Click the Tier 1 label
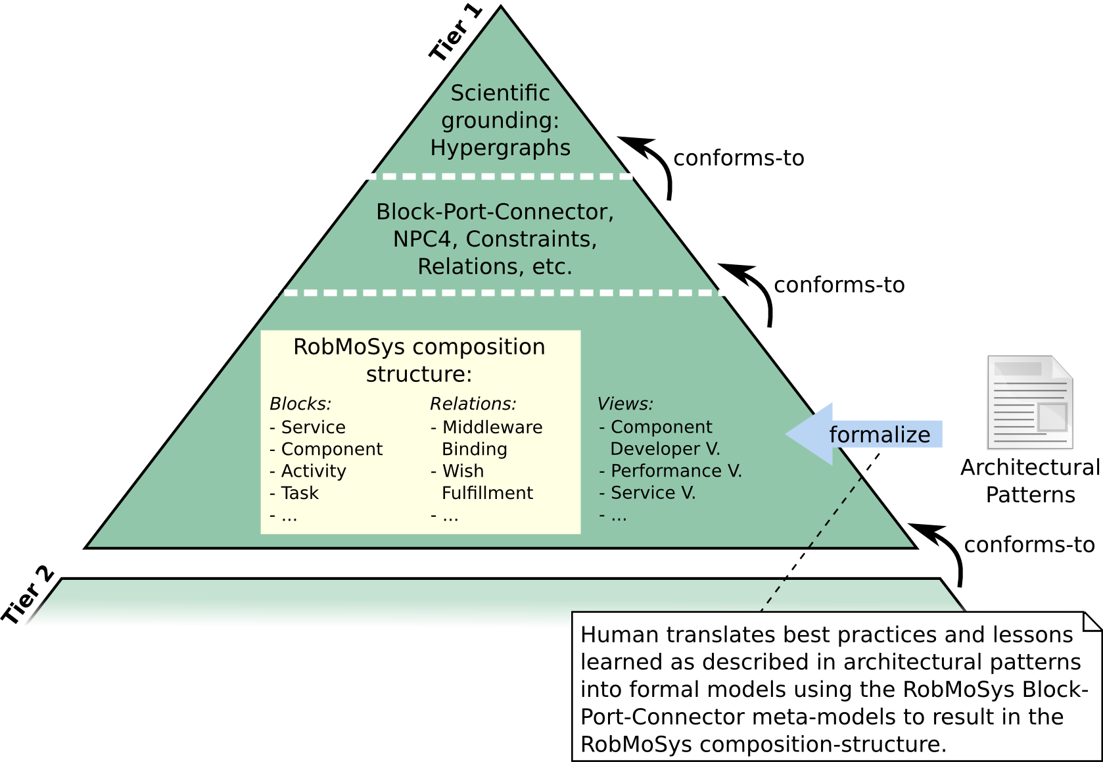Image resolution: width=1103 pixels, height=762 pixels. (x=456, y=33)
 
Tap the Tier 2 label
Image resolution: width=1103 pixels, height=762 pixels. (x=28, y=595)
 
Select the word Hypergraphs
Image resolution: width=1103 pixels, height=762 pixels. (x=500, y=148)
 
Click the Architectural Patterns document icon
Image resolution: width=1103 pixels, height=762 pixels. (x=1029, y=402)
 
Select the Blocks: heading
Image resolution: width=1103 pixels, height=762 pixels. (x=300, y=404)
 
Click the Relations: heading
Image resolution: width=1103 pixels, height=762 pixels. (x=473, y=404)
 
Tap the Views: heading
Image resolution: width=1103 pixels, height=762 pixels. (x=625, y=404)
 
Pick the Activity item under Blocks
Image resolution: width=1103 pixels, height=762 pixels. (x=314, y=471)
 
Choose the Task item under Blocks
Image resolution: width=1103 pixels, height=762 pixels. (x=300, y=493)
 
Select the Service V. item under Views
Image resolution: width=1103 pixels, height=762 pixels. (x=653, y=493)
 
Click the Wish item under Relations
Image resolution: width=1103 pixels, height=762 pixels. (x=463, y=471)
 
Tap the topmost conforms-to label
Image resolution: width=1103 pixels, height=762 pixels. (x=739, y=158)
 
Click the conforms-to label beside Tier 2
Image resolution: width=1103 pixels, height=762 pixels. (x=1029, y=545)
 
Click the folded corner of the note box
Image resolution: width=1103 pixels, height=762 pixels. (x=1092, y=621)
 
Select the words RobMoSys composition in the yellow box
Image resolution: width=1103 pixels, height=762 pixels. (x=419, y=347)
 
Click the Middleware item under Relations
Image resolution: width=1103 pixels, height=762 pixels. (x=492, y=427)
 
